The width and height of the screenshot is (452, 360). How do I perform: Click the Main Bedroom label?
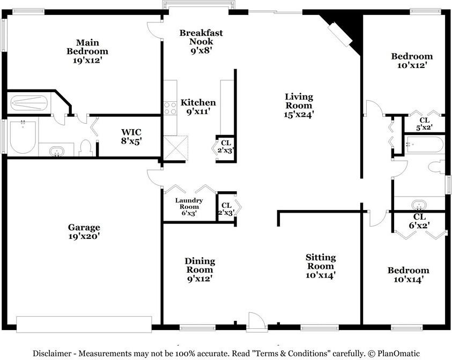coord(87,51)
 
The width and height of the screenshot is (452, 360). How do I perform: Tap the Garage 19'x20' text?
coord(84,231)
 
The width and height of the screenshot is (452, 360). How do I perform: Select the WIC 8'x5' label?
coord(131,136)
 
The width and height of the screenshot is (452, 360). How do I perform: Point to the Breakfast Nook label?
coord(201,41)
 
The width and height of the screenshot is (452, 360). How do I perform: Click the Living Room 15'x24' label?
coord(299,105)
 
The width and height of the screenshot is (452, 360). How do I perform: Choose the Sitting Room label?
coord(321,266)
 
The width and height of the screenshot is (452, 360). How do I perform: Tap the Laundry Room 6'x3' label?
coord(189,207)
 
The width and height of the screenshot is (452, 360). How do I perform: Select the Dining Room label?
coord(200,270)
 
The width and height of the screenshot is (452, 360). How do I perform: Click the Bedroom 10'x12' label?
coord(412,61)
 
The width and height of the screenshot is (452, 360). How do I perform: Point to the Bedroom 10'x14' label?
coord(409,275)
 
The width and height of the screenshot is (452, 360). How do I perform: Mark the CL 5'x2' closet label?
coord(424,124)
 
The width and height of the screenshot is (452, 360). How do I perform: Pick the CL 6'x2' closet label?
coord(419,221)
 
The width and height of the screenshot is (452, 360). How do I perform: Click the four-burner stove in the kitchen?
coord(170,108)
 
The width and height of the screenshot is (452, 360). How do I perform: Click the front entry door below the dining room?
coord(256,321)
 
